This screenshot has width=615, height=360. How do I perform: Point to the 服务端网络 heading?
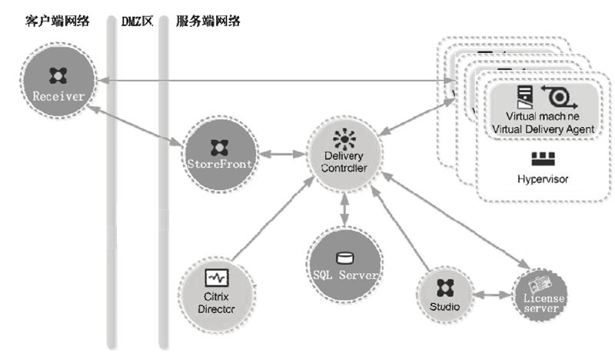tap(207, 21)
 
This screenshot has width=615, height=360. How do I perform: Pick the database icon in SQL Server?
tap(344, 257)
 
